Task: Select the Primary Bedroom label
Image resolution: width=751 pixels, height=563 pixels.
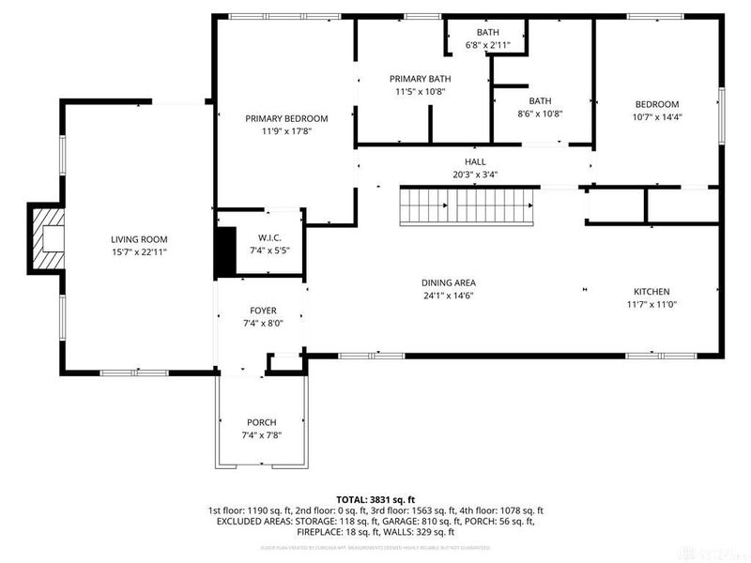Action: click(x=286, y=118)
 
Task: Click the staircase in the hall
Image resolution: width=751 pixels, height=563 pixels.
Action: click(x=468, y=205)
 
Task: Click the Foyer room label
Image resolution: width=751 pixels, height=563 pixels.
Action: click(x=262, y=311)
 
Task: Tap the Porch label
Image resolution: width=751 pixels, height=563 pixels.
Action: click(x=262, y=422)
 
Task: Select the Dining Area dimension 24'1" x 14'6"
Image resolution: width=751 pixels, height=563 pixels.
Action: click(x=448, y=296)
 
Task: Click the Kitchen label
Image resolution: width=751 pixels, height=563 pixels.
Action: click(x=651, y=292)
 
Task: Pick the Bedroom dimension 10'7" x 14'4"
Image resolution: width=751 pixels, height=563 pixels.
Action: click(x=657, y=117)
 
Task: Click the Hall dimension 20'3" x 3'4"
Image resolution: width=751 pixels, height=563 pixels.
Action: click(x=474, y=174)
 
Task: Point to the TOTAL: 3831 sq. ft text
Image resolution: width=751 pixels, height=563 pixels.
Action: click(x=375, y=499)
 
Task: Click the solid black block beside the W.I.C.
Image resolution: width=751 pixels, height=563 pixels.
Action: click(x=225, y=251)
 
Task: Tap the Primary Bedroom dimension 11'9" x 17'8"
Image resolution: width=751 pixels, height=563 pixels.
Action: click(x=286, y=131)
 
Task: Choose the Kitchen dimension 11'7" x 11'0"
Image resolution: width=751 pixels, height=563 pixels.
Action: click(x=651, y=305)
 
